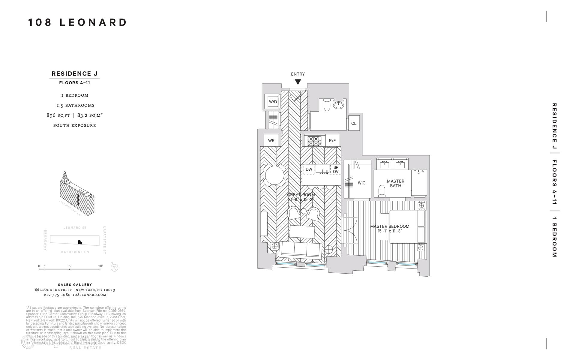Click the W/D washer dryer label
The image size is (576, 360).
pos(273,102)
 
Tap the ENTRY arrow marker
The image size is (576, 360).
pos(298,82)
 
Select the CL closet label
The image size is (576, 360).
pos(354,123)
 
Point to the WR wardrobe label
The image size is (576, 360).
pos(271,140)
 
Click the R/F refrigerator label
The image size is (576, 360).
pos(332,140)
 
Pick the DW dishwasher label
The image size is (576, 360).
pos(309,169)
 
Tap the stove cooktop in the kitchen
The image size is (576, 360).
pos(314,141)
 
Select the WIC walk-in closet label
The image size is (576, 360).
pos(361,183)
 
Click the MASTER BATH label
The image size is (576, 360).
pos(395,183)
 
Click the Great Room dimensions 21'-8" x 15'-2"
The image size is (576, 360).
pos(301,199)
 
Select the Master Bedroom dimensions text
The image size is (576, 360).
pos(389,231)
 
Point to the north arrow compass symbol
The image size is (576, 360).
pos(114,268)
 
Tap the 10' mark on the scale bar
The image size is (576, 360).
pos(100,266)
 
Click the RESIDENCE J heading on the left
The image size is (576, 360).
pos(74,73)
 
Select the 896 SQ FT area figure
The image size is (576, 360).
pos(58,115)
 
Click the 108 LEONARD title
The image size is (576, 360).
pos(78,22)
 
